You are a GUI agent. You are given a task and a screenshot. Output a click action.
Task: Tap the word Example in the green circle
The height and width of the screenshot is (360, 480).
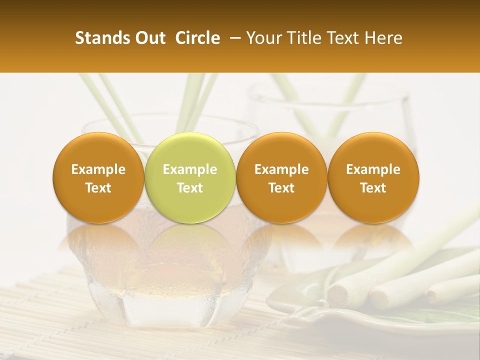190,169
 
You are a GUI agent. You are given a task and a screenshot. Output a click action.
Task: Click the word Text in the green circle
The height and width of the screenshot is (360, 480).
190,188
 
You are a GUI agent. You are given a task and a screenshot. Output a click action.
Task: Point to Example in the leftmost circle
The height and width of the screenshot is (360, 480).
98,169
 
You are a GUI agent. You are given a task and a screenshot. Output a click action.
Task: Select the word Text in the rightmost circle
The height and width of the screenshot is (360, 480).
373,188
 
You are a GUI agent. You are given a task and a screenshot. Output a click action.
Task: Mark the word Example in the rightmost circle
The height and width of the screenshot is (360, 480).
373,169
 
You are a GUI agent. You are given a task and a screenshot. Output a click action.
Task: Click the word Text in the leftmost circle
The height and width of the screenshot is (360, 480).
98,188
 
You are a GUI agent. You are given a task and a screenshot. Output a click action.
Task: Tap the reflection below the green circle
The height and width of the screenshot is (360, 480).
190,245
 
